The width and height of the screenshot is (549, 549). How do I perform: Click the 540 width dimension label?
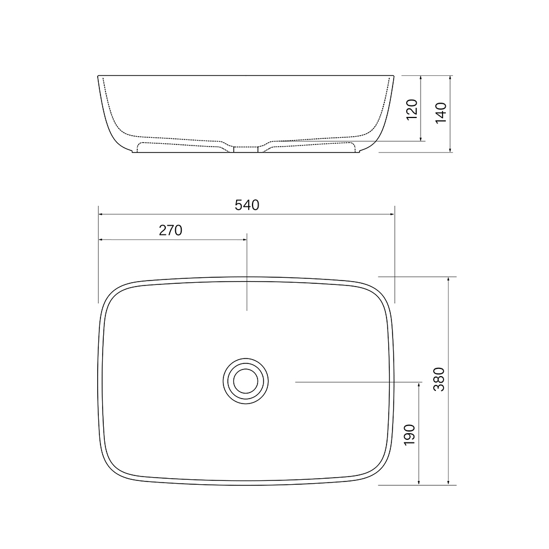[247, 205]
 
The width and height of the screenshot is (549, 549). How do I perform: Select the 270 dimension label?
[171, 231]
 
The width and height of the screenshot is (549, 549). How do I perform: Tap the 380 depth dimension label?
[439, 379]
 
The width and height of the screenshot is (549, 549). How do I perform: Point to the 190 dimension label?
[410, 434]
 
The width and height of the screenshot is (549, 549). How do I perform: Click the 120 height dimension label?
[412, 110]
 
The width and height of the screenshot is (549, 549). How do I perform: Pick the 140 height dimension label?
[441, 113]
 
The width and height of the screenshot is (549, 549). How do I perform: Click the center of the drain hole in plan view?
[246, 381]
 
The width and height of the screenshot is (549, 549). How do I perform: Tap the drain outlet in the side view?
[246, 149]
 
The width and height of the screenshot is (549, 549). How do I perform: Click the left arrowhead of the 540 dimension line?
[100, 214]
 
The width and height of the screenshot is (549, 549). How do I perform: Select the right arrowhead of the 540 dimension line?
[393, 214]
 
